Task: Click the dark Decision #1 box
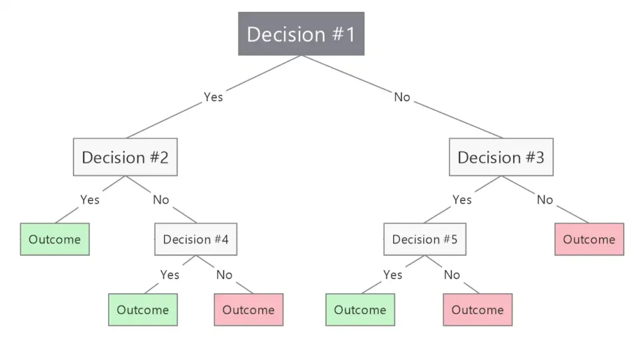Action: click(301, 34)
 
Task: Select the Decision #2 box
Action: click(125, 157)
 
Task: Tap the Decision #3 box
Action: click(501, 157)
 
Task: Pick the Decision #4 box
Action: click(196, 239)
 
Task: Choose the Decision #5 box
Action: click(425, 239)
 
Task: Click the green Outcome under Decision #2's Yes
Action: click(55, 239)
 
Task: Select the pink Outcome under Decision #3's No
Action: click(589, 239)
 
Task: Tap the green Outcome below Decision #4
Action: click(143, 310)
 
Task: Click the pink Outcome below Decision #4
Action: click(249, 310)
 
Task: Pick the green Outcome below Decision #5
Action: click(360, 310)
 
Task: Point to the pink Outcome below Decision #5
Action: click(478, 310)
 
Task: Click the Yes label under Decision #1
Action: click(213, 97)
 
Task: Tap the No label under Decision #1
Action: click(402, 97)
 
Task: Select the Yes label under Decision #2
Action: click(90, 200)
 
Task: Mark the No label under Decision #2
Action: click(161, 200)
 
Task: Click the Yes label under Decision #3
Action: click(462, 200)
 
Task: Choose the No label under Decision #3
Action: click(545, 200)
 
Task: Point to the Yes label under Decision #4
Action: click(170, 275)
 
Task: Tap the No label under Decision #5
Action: click(452, 275)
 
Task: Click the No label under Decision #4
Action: click(224, 275)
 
